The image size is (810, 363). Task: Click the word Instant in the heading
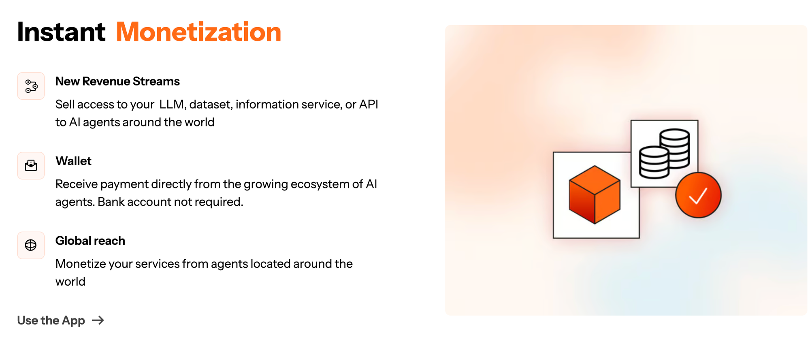tap(61, 32)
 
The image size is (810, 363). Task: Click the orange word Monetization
tap(198, 32)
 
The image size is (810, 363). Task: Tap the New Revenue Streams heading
tap(117, 81)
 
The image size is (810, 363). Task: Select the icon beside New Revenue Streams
tap(31, 86)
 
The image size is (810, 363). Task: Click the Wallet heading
tap(73, 161)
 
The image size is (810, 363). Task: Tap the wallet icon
tap(31, 165)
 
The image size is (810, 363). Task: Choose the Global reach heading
tap(90, 241)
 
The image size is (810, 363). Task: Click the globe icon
tap(31, 245)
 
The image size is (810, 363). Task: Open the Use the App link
tap(51, 320)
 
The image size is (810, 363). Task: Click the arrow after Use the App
tap(98, 320)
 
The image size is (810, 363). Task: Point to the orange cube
tap(595, 194)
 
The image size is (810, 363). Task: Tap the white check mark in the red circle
tap(698, 196)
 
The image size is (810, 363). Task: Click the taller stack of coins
tap(675, 148)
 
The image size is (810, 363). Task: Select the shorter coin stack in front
tap(654, 162)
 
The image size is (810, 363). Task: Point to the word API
tap(369, 105)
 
